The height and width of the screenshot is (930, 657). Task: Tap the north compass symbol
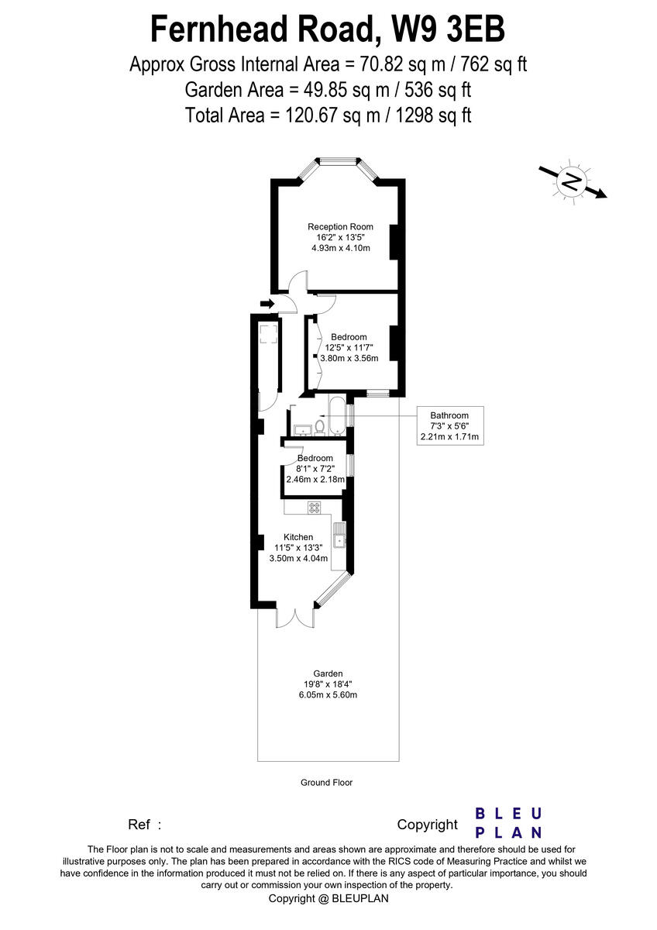572,182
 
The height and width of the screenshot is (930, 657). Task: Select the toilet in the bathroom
319,426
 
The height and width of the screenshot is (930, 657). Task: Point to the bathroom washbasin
301,429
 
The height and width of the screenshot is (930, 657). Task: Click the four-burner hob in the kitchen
315,508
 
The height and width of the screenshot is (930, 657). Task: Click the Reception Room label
334,227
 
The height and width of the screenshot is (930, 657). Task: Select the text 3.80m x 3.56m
349,358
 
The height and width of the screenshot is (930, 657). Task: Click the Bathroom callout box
450,425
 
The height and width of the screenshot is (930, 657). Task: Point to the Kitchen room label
298,537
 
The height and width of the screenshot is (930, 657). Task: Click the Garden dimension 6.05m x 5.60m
328,695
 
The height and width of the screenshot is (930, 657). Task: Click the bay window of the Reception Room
338,162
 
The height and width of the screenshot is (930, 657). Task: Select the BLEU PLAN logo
507,823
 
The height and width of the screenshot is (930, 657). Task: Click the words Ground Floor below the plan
326,783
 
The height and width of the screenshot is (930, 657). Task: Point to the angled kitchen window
333,589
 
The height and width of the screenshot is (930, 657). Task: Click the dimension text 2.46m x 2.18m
315,480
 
